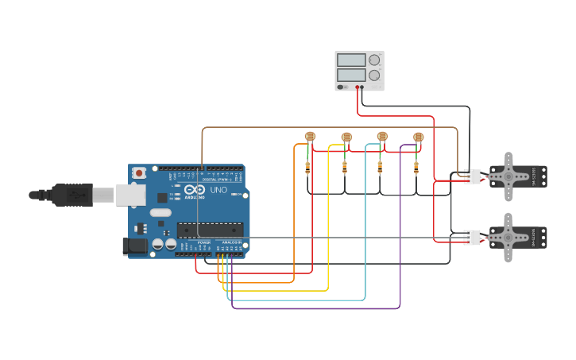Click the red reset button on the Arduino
(x=139, y=172)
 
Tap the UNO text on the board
(x=218, y=190)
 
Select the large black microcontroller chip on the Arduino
(x=210, y=230)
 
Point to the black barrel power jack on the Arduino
(x=136, y=246)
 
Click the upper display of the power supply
(x=350, y=60)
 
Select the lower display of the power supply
(x=350, y=75)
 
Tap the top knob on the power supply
(x=373, y=60)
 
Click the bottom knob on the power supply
(x=373, y=75)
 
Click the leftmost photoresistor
(x=310, y=137)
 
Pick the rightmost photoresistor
(x=419, y=137)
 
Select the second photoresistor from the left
(x=346, y=137)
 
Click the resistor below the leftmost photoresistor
(x=308, y=168)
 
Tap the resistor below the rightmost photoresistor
(x=416, y=168)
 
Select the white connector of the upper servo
(x=473, y=176)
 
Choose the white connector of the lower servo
(x=473, y=237)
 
